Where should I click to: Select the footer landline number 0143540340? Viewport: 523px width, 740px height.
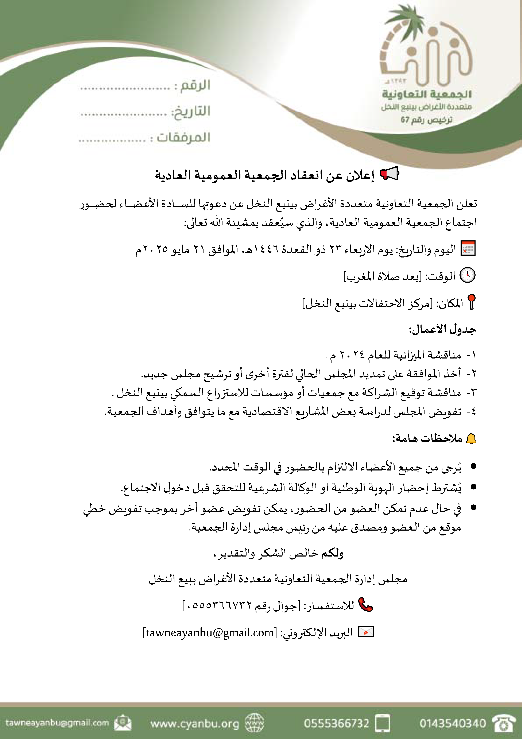click(x=453, y=724)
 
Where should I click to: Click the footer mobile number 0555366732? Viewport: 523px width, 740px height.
click(x=337, y=724)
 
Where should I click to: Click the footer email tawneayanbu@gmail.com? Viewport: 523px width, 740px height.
click(x=57, y=723)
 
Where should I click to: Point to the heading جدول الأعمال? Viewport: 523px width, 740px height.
click(x=443, y=330)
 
